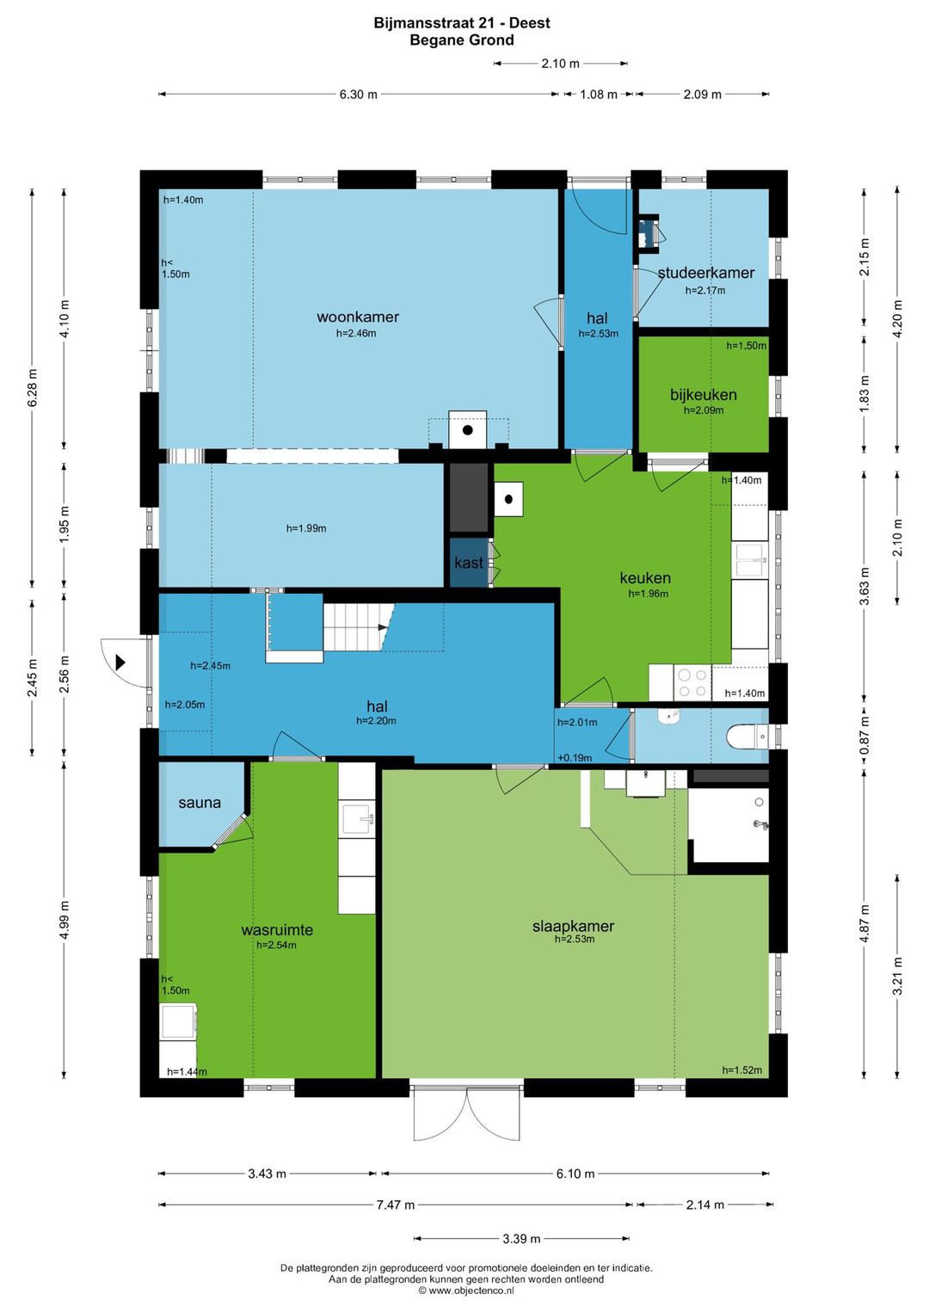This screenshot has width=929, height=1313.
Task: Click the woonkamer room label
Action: [358, 317]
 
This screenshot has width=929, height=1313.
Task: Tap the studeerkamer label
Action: [705, 273]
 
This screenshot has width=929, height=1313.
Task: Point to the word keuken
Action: [645, 578]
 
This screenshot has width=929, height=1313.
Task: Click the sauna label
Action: [200, 803]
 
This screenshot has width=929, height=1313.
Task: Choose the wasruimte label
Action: [277, 929]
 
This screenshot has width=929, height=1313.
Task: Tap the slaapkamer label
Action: [573, 926]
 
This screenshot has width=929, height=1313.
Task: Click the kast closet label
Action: [469, 563]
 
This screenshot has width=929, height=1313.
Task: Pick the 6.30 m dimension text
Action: [358, 95]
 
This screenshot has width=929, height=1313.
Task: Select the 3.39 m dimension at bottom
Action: [521, 1238]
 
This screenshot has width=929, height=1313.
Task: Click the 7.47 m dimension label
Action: [395, 1205]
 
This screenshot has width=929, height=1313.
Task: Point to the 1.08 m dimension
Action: [599, 95]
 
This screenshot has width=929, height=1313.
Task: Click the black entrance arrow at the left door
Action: [120, 663]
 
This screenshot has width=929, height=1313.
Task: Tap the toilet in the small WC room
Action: [747, 737]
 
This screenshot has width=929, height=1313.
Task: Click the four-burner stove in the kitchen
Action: [692, 683]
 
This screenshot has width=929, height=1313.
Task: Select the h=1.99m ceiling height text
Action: [306, 528]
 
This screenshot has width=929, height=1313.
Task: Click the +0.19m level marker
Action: [575, 758]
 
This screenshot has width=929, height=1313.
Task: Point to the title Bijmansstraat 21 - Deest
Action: [462, 23]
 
